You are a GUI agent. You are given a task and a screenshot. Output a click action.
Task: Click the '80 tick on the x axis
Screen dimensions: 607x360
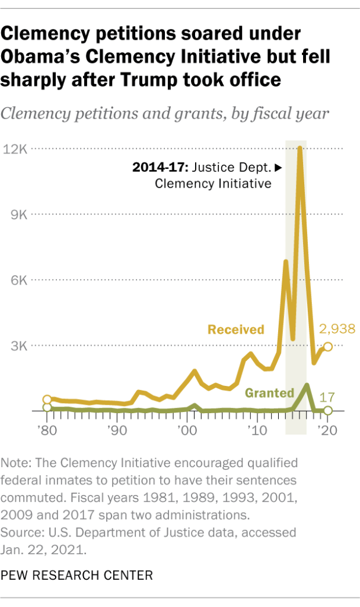(x=47, y=429)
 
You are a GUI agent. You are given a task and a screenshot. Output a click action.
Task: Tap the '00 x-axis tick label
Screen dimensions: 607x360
(x=187, y=429)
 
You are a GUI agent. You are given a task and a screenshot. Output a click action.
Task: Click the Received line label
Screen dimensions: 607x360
(x=235, y=329)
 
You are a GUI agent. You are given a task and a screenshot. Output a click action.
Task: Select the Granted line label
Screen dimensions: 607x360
(x=269, y=392)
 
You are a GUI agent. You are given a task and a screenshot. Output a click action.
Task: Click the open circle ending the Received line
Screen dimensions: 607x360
(x=327, y=346)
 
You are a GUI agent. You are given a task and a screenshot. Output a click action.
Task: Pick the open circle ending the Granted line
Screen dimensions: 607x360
(x=327, y=410)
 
